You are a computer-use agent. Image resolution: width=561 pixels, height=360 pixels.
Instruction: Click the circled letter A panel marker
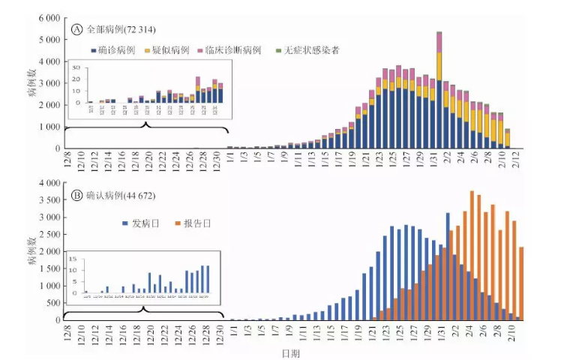pos(76,29)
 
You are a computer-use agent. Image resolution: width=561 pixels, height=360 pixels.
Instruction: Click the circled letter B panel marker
pos(76,196)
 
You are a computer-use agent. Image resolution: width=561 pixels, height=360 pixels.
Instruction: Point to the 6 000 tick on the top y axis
pos(48,16)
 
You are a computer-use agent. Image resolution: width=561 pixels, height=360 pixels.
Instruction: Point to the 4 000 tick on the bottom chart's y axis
pos(48,183)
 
